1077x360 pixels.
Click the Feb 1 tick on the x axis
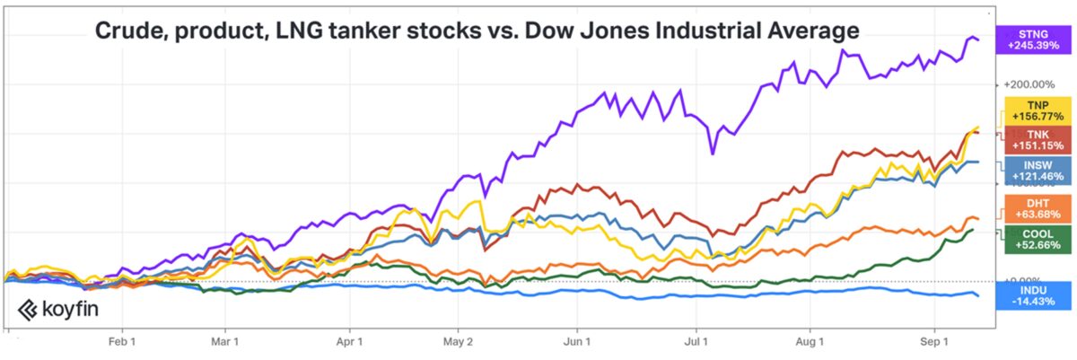[121, 341]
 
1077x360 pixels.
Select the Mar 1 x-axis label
[225, 341]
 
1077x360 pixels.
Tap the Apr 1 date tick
[349, 341]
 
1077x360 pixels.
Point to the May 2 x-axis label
[457, 341]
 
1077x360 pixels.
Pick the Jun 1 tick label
[577, 341]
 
